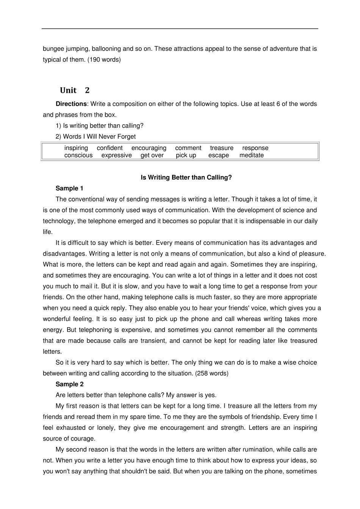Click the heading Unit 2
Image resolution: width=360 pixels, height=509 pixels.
(75, 90)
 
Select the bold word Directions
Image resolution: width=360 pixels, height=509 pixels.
(71, 104)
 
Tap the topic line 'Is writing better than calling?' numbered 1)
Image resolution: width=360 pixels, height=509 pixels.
(100, 126)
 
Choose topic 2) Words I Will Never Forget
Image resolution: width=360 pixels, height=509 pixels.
(95, 137)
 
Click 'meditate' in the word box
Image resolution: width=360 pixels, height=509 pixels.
(251, 155)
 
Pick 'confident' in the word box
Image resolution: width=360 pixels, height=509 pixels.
(110, 148)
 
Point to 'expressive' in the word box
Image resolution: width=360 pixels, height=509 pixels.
(116, 155)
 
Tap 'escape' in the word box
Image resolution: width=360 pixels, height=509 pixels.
(218, 155)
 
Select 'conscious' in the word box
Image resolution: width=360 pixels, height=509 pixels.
(78, 155)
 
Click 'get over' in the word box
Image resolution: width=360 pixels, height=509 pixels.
(152, 155)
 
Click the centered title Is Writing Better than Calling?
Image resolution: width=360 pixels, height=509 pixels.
(186, 178)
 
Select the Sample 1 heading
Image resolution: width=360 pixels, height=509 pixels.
(69, 189)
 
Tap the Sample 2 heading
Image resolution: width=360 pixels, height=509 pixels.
(69, 384)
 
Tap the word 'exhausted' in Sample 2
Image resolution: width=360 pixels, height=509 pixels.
(71, 428)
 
